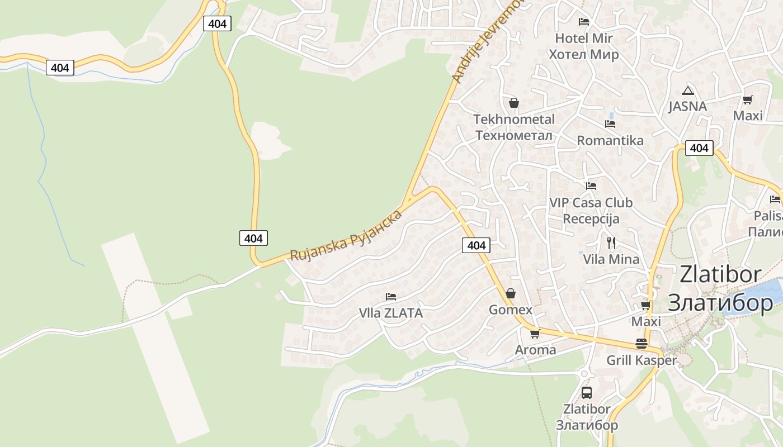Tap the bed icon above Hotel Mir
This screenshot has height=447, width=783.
(584, 22)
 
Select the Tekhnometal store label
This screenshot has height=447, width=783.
(513, 127)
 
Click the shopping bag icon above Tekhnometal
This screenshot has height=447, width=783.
(513, 103)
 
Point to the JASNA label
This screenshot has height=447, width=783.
(687, 106)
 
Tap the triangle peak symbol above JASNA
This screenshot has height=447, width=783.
(687, 91)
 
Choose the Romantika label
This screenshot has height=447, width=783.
(610, 140)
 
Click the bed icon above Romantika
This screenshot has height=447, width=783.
(610, 124)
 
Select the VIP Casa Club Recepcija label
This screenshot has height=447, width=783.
(591, 210)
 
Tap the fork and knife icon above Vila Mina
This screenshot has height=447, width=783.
(611, 243)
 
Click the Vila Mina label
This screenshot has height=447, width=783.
(611, 259)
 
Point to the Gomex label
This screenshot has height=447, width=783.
(510, 310)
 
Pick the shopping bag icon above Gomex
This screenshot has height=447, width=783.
(510, 293)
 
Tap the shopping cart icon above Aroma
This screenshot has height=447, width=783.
(535, 334)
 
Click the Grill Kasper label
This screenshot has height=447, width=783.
(641, 360)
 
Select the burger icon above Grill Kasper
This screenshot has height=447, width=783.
(641, 344)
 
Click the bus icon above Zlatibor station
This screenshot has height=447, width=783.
(586, 392)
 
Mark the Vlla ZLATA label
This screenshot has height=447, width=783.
(390, 313)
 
